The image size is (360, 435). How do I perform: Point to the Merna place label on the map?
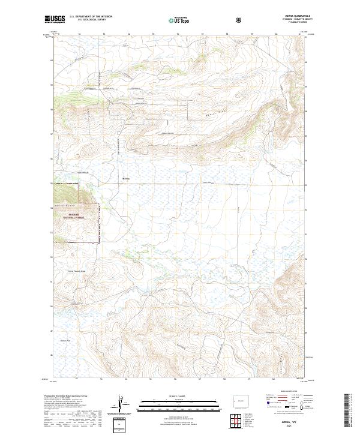(126, 178)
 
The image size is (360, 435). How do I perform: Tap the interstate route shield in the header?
(239, 20)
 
